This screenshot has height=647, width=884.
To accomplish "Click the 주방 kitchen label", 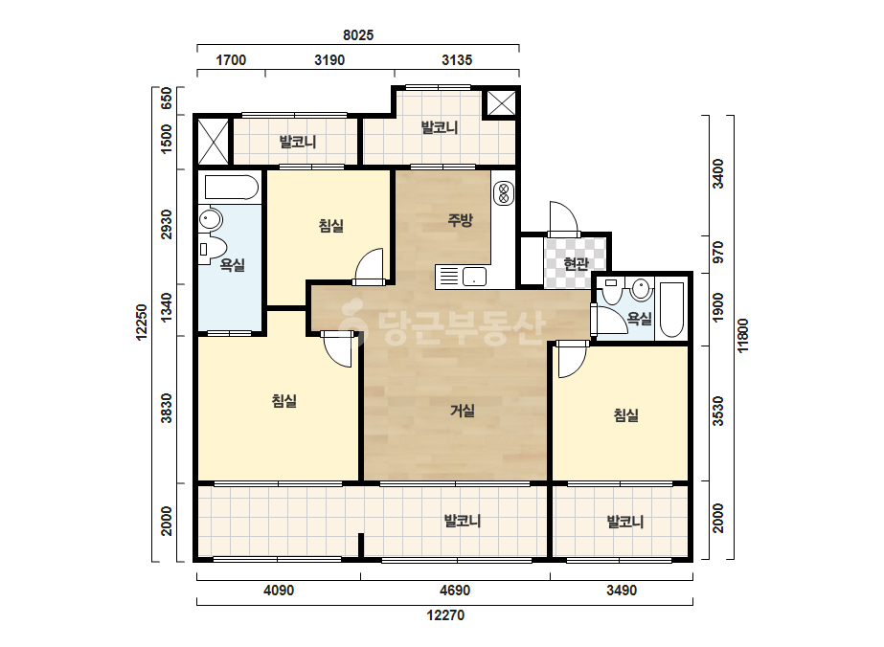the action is click(x=460, y=220).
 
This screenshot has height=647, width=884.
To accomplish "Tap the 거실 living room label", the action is click(x=463, y=411).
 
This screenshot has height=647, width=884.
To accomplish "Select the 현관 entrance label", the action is click(x=577, y=263).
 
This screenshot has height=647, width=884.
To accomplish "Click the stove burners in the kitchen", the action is click(x=504, y=192).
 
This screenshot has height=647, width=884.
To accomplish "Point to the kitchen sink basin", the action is click(x=474, y=277).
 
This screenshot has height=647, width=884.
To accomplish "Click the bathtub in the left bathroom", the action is click(x=231, y=187).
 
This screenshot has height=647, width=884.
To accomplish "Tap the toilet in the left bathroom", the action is click(x=213, y=248).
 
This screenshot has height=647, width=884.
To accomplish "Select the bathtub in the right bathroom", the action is click(x=671, y=309).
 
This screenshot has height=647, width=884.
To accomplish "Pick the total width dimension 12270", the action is click(x=445, y=614).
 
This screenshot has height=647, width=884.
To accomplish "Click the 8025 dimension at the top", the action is click(x=358, y=35).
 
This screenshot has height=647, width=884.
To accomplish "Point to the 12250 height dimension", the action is click(x=142, y=323).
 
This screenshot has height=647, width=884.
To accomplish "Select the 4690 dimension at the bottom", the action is click(x=454, y=591).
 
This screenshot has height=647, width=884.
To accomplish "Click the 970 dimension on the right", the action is click(x=717, y=252).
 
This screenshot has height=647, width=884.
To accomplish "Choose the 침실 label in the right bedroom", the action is click(x=625, y=416).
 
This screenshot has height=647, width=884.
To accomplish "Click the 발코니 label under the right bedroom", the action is click(x=625, y=522).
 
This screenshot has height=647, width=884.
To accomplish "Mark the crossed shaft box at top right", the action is click(x=501, y=103).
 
